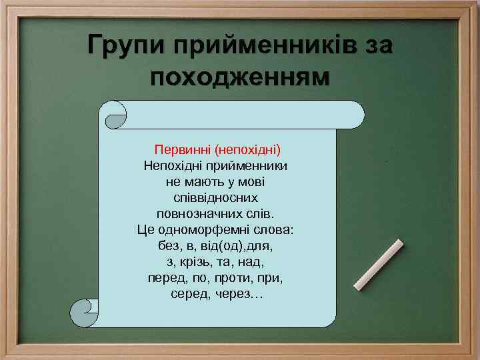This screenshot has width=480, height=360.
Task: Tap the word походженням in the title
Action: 240,77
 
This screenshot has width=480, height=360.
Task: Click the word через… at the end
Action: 239,293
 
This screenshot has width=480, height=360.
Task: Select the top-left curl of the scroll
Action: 115,115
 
